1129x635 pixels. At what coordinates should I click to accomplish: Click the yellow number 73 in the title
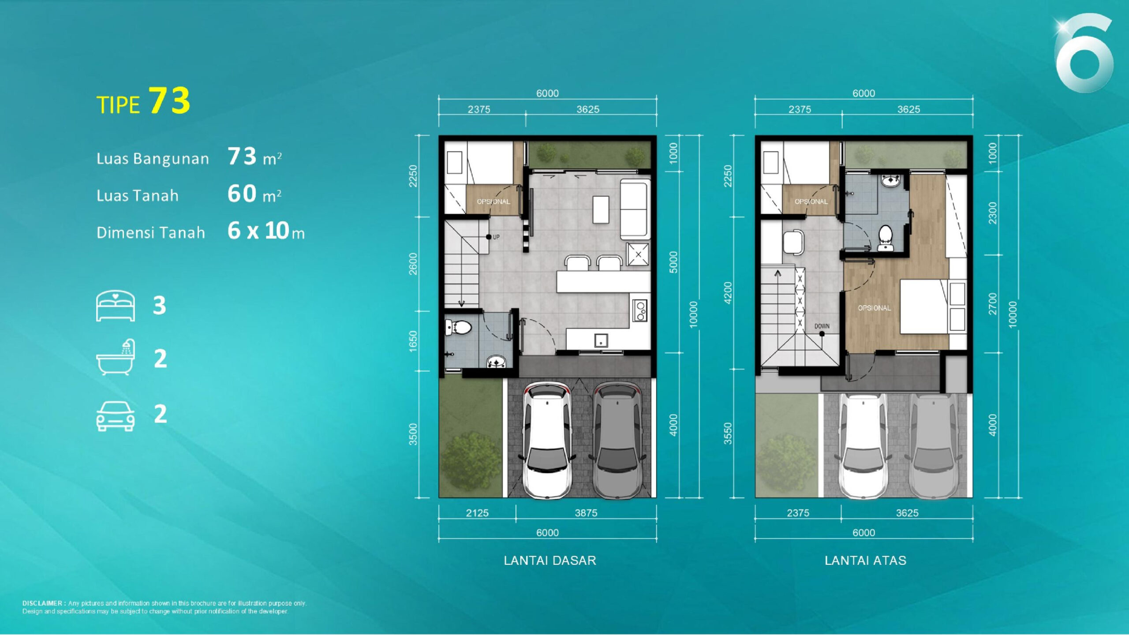point(169,101)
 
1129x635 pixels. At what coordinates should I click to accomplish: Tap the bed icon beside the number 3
point(116,306)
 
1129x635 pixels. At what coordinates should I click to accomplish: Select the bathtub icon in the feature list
point(116,357)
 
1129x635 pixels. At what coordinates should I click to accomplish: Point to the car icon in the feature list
point(116,416)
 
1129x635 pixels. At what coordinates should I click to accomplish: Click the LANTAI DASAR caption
point(550,560)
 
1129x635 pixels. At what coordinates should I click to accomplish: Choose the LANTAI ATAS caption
point(866,560)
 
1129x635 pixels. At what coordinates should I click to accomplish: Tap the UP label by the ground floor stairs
point(496,237)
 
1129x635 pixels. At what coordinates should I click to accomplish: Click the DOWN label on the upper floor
point(822,326)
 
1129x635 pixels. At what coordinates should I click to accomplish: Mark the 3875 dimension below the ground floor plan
point(586,513)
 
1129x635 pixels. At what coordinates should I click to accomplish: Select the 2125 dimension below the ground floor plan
point(477,513)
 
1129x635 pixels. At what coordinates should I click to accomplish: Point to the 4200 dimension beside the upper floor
point(728,293)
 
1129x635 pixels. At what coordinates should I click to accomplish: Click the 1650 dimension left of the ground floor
point(413,341)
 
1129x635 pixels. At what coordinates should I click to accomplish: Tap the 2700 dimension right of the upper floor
point(992,304)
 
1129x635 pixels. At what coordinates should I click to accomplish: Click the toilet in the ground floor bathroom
point(459,327)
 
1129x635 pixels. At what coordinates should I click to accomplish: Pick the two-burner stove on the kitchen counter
point(640,310)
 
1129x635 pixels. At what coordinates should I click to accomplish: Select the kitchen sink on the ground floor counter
point(601,340)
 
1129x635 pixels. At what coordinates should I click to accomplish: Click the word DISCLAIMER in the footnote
point(42,603)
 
